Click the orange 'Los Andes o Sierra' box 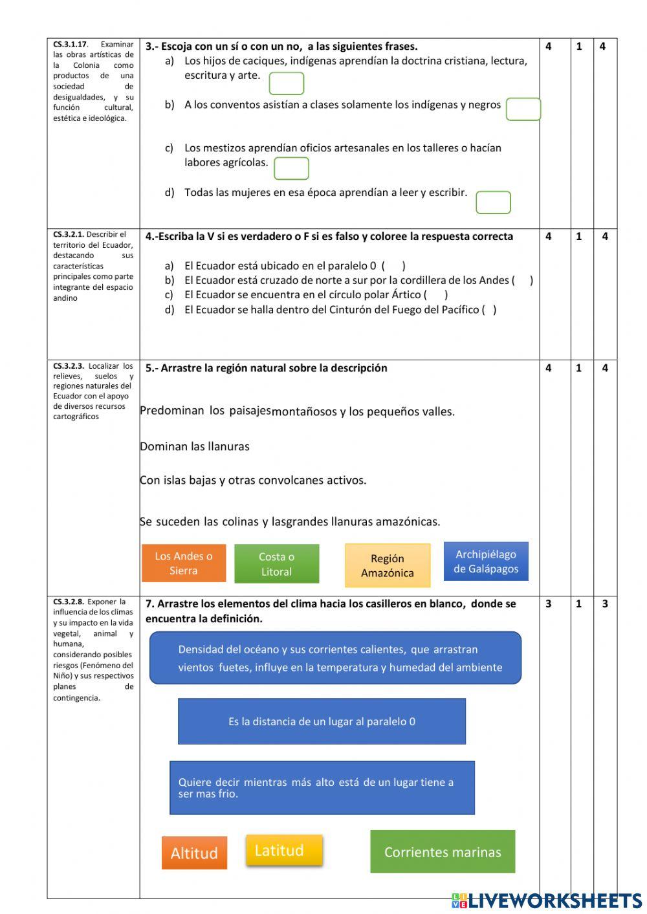[x=184, y=563]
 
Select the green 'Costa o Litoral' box [x=276, y=564]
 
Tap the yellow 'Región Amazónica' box [x=387, y=565]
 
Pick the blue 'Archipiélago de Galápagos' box [x=486, y=561]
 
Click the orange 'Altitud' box [x=194, y=853]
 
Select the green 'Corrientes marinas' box [x=443, y=852]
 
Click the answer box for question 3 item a [x=286, y=83]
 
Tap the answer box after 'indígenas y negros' [x=523, y=109]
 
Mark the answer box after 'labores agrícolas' [x=291, y=168]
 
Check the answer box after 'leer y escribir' [x=493, y=202]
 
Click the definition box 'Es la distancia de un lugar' [x=322, y=721]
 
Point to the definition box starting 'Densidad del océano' [x=335, y=658]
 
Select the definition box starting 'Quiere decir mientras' [x=322, y=788]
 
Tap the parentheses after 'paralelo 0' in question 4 [x=393, y=266]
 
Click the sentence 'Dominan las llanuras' [x=195, y=446]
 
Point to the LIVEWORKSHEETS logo [x=547, y=901]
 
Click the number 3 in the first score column [x=549, y=604]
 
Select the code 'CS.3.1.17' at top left [x=70, y=45]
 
